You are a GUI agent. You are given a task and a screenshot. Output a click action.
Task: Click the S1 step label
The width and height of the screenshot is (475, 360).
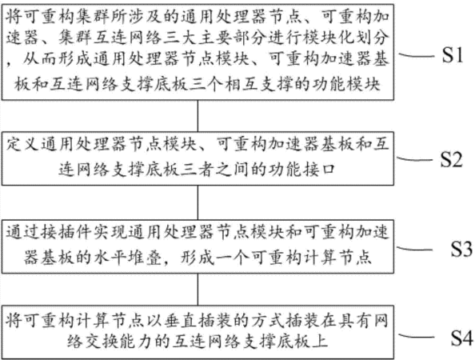click(453, 55)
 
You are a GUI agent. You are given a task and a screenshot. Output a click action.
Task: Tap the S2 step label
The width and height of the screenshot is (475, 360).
click(451, 159)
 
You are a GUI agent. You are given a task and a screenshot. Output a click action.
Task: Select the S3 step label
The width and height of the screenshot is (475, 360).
click(461, 249)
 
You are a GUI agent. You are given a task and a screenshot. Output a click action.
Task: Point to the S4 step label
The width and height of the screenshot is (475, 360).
click(462, 338)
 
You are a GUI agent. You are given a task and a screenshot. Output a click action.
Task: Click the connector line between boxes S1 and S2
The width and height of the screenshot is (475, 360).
click(198, 116)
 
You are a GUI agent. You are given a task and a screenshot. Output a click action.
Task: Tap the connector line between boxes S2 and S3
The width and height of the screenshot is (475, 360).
click(198, 202)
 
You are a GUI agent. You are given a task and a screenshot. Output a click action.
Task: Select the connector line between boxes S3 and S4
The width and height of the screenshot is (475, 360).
click(198, 290)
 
